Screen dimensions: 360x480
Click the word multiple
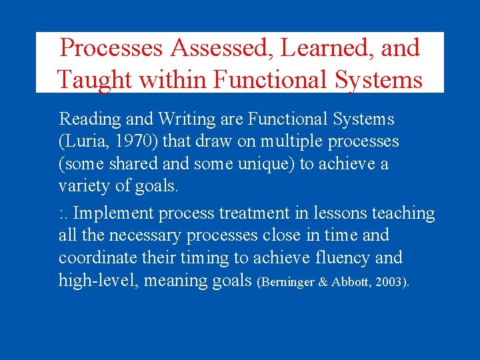point(291,141)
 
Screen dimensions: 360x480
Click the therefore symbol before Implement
point(63,214)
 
